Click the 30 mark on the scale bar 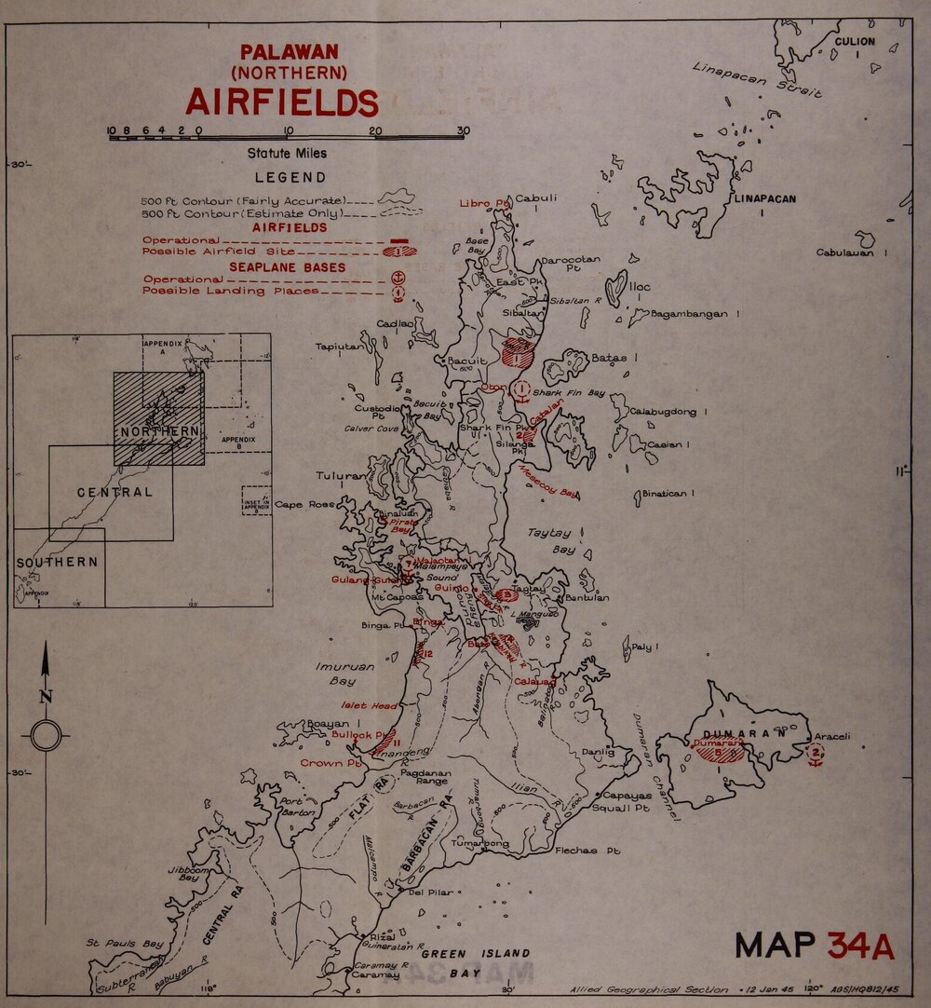[x=463, y=130]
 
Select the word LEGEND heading [x=290, y=177]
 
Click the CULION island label [x=854, y=42]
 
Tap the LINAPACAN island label [x=762, y=198]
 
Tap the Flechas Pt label [x=587, y=851]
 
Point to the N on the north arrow [x=46, y=695]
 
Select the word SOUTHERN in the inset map [x=57, y=562]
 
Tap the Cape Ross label [x=304, y=504]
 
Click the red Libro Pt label [x=484, y=203]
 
